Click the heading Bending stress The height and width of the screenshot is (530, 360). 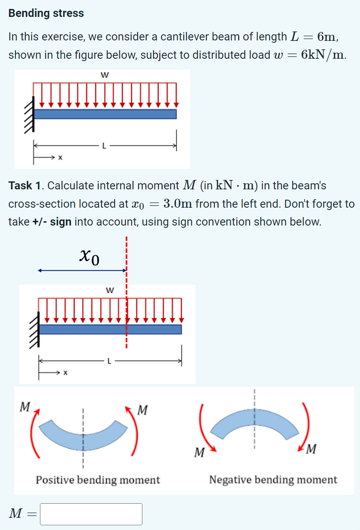point(46,13)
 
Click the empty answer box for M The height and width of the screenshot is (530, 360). point(91,514)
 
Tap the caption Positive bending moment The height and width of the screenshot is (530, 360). point(98,480)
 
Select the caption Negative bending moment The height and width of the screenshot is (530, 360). point(273,480)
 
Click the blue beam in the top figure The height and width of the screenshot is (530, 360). point(105,114)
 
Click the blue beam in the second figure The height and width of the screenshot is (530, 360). point(110,329)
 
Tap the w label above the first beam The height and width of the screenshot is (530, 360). point(103,74)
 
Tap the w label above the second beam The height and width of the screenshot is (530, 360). point(109,290)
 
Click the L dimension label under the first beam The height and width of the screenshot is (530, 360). point(104,147)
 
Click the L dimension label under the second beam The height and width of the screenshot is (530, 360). point(109,361)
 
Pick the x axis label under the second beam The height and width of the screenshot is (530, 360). point(65,374)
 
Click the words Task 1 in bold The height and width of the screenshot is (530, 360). point(26,186)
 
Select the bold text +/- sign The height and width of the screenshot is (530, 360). point(52,221)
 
